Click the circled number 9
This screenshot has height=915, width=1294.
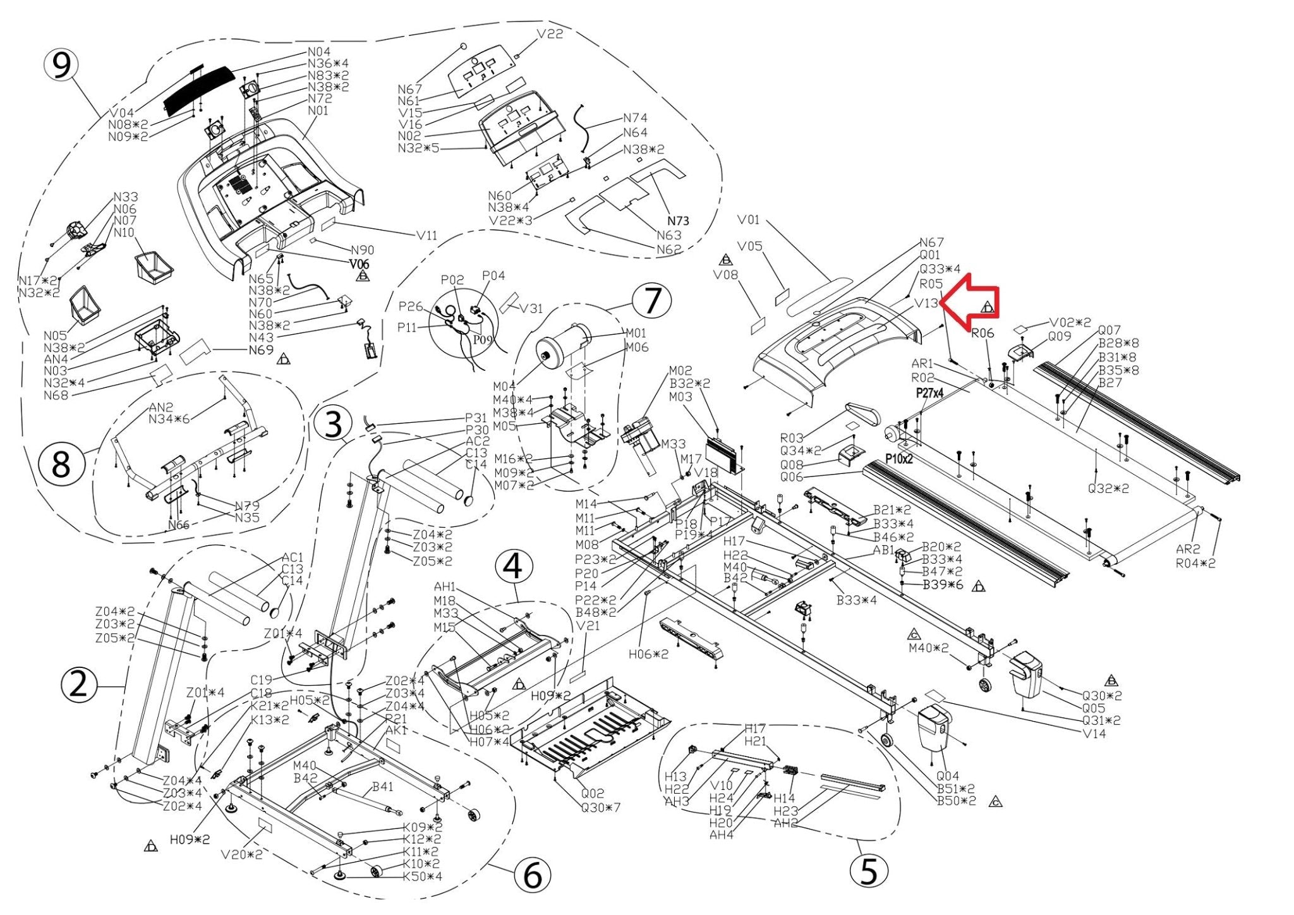61,66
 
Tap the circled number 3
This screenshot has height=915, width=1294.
334,424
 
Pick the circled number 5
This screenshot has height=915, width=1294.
869,871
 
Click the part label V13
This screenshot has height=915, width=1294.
926,303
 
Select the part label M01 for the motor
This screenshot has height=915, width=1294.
636,333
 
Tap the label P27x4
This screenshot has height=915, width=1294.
930,393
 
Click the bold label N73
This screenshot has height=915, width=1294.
678,221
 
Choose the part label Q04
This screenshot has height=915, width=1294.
947,776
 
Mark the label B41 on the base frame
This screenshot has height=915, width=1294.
382,787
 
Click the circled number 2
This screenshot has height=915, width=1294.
78,685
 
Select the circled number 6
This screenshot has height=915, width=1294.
532,876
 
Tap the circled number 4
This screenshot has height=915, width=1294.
513,566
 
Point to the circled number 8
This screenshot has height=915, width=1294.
61,465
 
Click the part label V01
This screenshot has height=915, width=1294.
748,220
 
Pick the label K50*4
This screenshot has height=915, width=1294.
423,876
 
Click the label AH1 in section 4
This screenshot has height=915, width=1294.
445,588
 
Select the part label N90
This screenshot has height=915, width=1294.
362,250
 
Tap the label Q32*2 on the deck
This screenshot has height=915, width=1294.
1108,488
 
